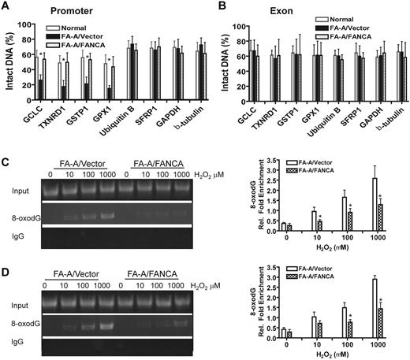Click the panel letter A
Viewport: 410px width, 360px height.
click(x=6, y=8)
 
